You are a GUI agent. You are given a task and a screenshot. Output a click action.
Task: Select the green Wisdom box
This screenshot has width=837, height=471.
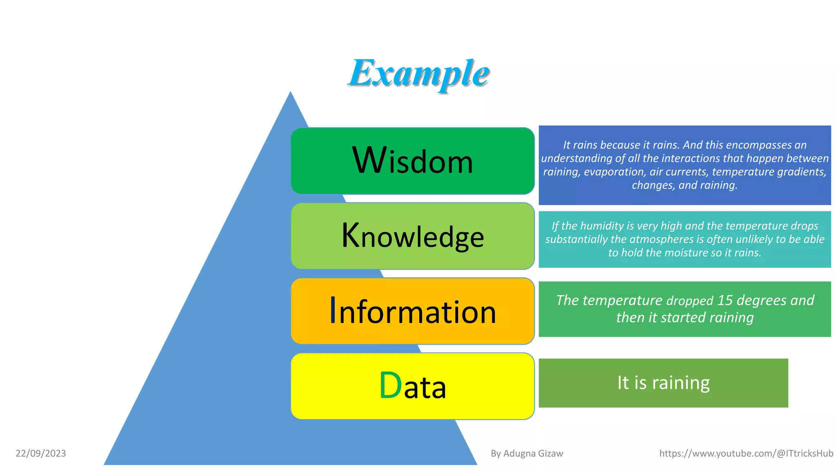click(412, 161)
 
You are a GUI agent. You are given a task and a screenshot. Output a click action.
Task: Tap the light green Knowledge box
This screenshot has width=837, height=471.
click(412, 236)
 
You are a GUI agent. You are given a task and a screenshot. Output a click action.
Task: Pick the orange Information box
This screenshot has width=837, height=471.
click(412, 311)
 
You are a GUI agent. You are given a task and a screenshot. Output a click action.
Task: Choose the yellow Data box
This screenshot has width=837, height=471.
click(412, 386)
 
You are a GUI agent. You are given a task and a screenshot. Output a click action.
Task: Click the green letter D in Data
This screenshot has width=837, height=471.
click(390, 385)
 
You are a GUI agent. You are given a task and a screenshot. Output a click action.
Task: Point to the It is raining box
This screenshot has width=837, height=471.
click(663, 383)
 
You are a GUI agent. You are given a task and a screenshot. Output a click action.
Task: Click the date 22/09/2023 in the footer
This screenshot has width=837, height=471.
click(41, 453)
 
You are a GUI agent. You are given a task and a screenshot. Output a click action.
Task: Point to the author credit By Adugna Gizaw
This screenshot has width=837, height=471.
click(527, 453)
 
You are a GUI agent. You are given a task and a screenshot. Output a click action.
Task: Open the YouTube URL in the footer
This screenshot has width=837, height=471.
click(746, 453)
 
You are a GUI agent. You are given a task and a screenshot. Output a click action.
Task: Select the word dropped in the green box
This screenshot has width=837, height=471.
click(689, 301)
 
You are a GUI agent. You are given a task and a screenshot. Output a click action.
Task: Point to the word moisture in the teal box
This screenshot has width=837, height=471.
click(681, 253)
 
